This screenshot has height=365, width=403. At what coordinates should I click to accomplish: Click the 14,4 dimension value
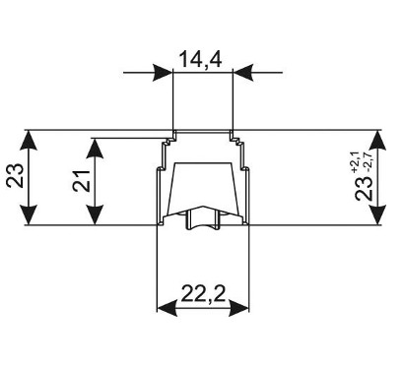201,60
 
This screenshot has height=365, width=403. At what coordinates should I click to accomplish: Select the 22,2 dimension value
203,293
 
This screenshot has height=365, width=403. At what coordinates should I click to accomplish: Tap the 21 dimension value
81,181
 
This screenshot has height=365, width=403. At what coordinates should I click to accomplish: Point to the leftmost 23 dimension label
15,176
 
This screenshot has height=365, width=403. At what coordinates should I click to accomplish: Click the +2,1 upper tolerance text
356,163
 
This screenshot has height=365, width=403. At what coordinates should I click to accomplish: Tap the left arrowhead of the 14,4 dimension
164,72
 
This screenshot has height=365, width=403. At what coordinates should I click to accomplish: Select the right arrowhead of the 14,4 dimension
242,72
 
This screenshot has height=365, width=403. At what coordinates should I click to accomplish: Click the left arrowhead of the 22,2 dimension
168,308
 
